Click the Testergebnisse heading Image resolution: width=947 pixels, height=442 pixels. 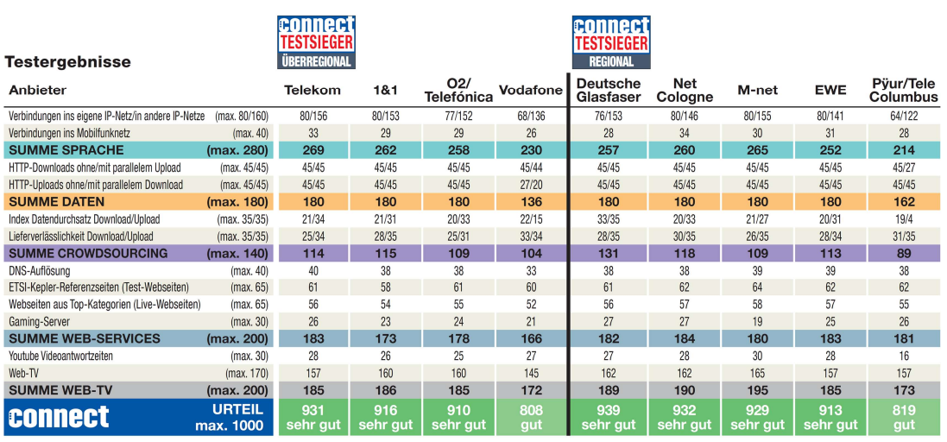(68, 62)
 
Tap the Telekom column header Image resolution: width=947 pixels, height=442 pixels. (313, 90)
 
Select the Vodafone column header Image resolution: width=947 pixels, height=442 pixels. (531, 90)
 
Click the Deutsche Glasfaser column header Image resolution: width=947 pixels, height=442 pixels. (609, 90)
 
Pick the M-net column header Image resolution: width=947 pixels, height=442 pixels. (756, 90)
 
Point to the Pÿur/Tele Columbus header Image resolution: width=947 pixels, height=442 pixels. (904, 90)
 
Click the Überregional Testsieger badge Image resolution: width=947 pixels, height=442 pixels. (316, 41)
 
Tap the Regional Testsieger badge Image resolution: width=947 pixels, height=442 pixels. (611, 41)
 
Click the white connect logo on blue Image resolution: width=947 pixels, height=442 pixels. (59, 417)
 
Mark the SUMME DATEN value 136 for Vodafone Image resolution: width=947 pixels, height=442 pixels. (531, 202)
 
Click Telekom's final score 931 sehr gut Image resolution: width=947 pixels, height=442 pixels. (313, 416)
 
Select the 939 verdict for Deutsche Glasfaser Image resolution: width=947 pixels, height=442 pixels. (609, 416)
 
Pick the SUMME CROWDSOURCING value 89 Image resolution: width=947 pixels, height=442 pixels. (904, 253)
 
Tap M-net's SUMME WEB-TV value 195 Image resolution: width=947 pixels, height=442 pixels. (756, 390)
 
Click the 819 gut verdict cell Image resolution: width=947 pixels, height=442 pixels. (904, 416)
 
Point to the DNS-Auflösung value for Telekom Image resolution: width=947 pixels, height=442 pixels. (313, 270)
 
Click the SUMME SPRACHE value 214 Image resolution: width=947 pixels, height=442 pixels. (904, 150)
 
